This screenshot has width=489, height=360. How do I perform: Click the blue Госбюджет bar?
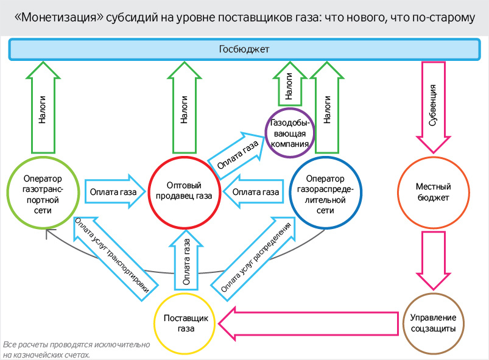pos(244,49)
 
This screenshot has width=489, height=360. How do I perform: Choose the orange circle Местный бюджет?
pos(432,191)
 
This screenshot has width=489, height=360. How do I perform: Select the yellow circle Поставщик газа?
pos(186,323)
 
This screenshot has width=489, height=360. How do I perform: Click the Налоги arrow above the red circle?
pos(183,107)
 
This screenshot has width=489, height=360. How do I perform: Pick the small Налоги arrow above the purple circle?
pos(288,85)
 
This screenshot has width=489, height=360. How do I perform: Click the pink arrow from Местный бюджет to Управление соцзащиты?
pos(432,259)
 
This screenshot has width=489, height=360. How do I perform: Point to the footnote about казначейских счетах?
pos(76,350)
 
